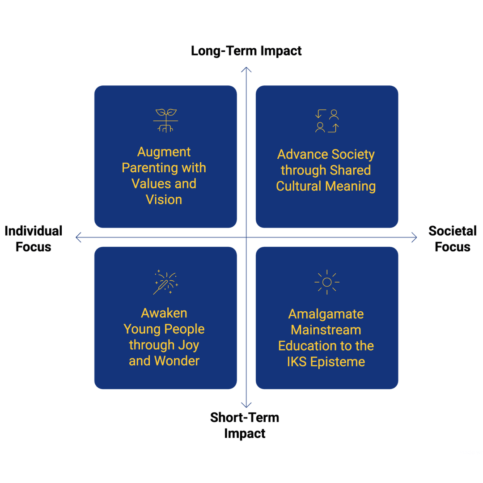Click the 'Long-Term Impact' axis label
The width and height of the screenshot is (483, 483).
click(246, 51)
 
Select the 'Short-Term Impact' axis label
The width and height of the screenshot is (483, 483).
click(245, 425)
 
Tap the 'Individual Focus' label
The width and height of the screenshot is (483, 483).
click(34, 238)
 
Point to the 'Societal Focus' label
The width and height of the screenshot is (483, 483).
click(452, 238)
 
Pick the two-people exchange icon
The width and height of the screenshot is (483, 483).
click(327, 121)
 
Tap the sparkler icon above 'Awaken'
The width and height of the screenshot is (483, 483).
click(165, 282)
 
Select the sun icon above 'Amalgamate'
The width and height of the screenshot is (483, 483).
click(327, 282)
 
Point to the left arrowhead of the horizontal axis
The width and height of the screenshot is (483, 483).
click(78, 237)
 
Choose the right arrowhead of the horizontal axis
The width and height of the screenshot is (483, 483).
click(415, 237)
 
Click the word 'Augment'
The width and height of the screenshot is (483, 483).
click(164, 152)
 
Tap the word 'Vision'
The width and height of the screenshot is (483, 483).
click(164, 199)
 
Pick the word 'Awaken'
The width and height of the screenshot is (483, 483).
click(164, 313)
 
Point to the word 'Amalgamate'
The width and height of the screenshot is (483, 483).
click(326, 314)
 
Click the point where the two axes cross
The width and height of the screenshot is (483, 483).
click(246, 237)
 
